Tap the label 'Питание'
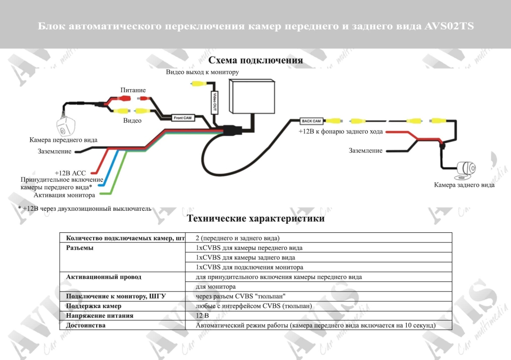click(133, 90)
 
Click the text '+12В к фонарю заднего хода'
click(341, 132)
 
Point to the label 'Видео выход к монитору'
click(202, 72)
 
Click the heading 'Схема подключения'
click(255, 61)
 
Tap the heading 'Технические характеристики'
click(255, 218)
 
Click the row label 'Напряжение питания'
click(100, 315)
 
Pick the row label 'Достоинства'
click(86, 325)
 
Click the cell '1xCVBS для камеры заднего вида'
click(245, 257)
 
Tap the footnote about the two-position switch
click(84, 208)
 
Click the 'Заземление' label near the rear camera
click(365, 150)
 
